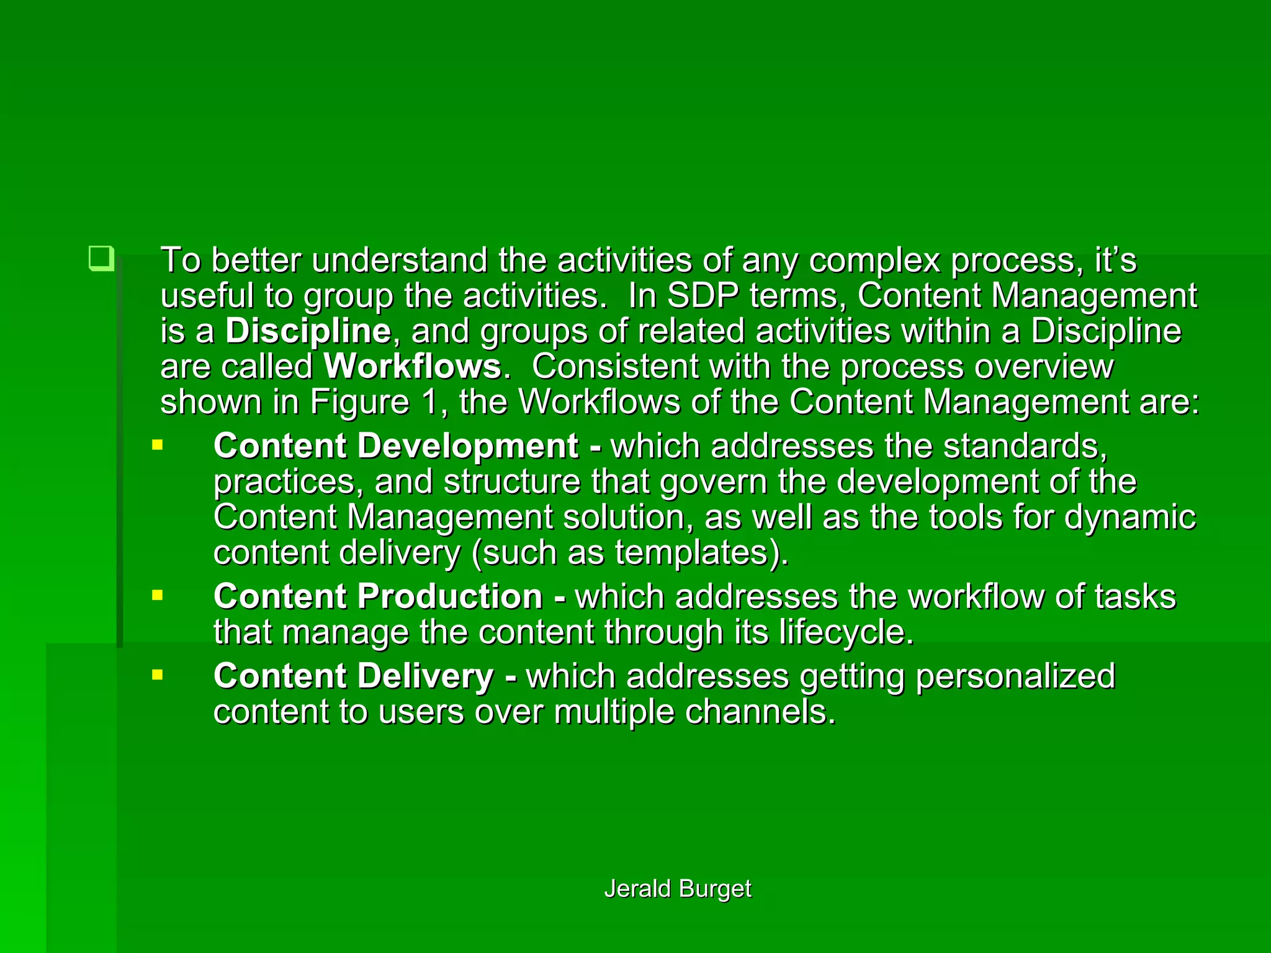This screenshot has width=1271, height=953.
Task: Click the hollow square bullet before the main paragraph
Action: (x=101, y=258)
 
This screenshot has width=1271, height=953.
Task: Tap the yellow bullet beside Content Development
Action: (x=158, y=445)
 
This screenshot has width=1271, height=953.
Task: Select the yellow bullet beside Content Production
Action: (x=158, y=596)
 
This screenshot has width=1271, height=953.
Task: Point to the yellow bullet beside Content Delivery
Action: (x=158, y=674)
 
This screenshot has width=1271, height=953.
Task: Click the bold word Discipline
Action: (x=308, y=331)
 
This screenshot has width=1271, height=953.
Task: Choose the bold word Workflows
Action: (x=412, y=366)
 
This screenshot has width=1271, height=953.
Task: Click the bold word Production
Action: (x=450, y=596)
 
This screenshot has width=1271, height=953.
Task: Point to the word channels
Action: (x=752, y=712)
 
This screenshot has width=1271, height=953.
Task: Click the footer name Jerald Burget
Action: (x=678, y=888)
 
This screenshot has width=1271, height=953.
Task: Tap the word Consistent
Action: (x=615, y=366)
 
